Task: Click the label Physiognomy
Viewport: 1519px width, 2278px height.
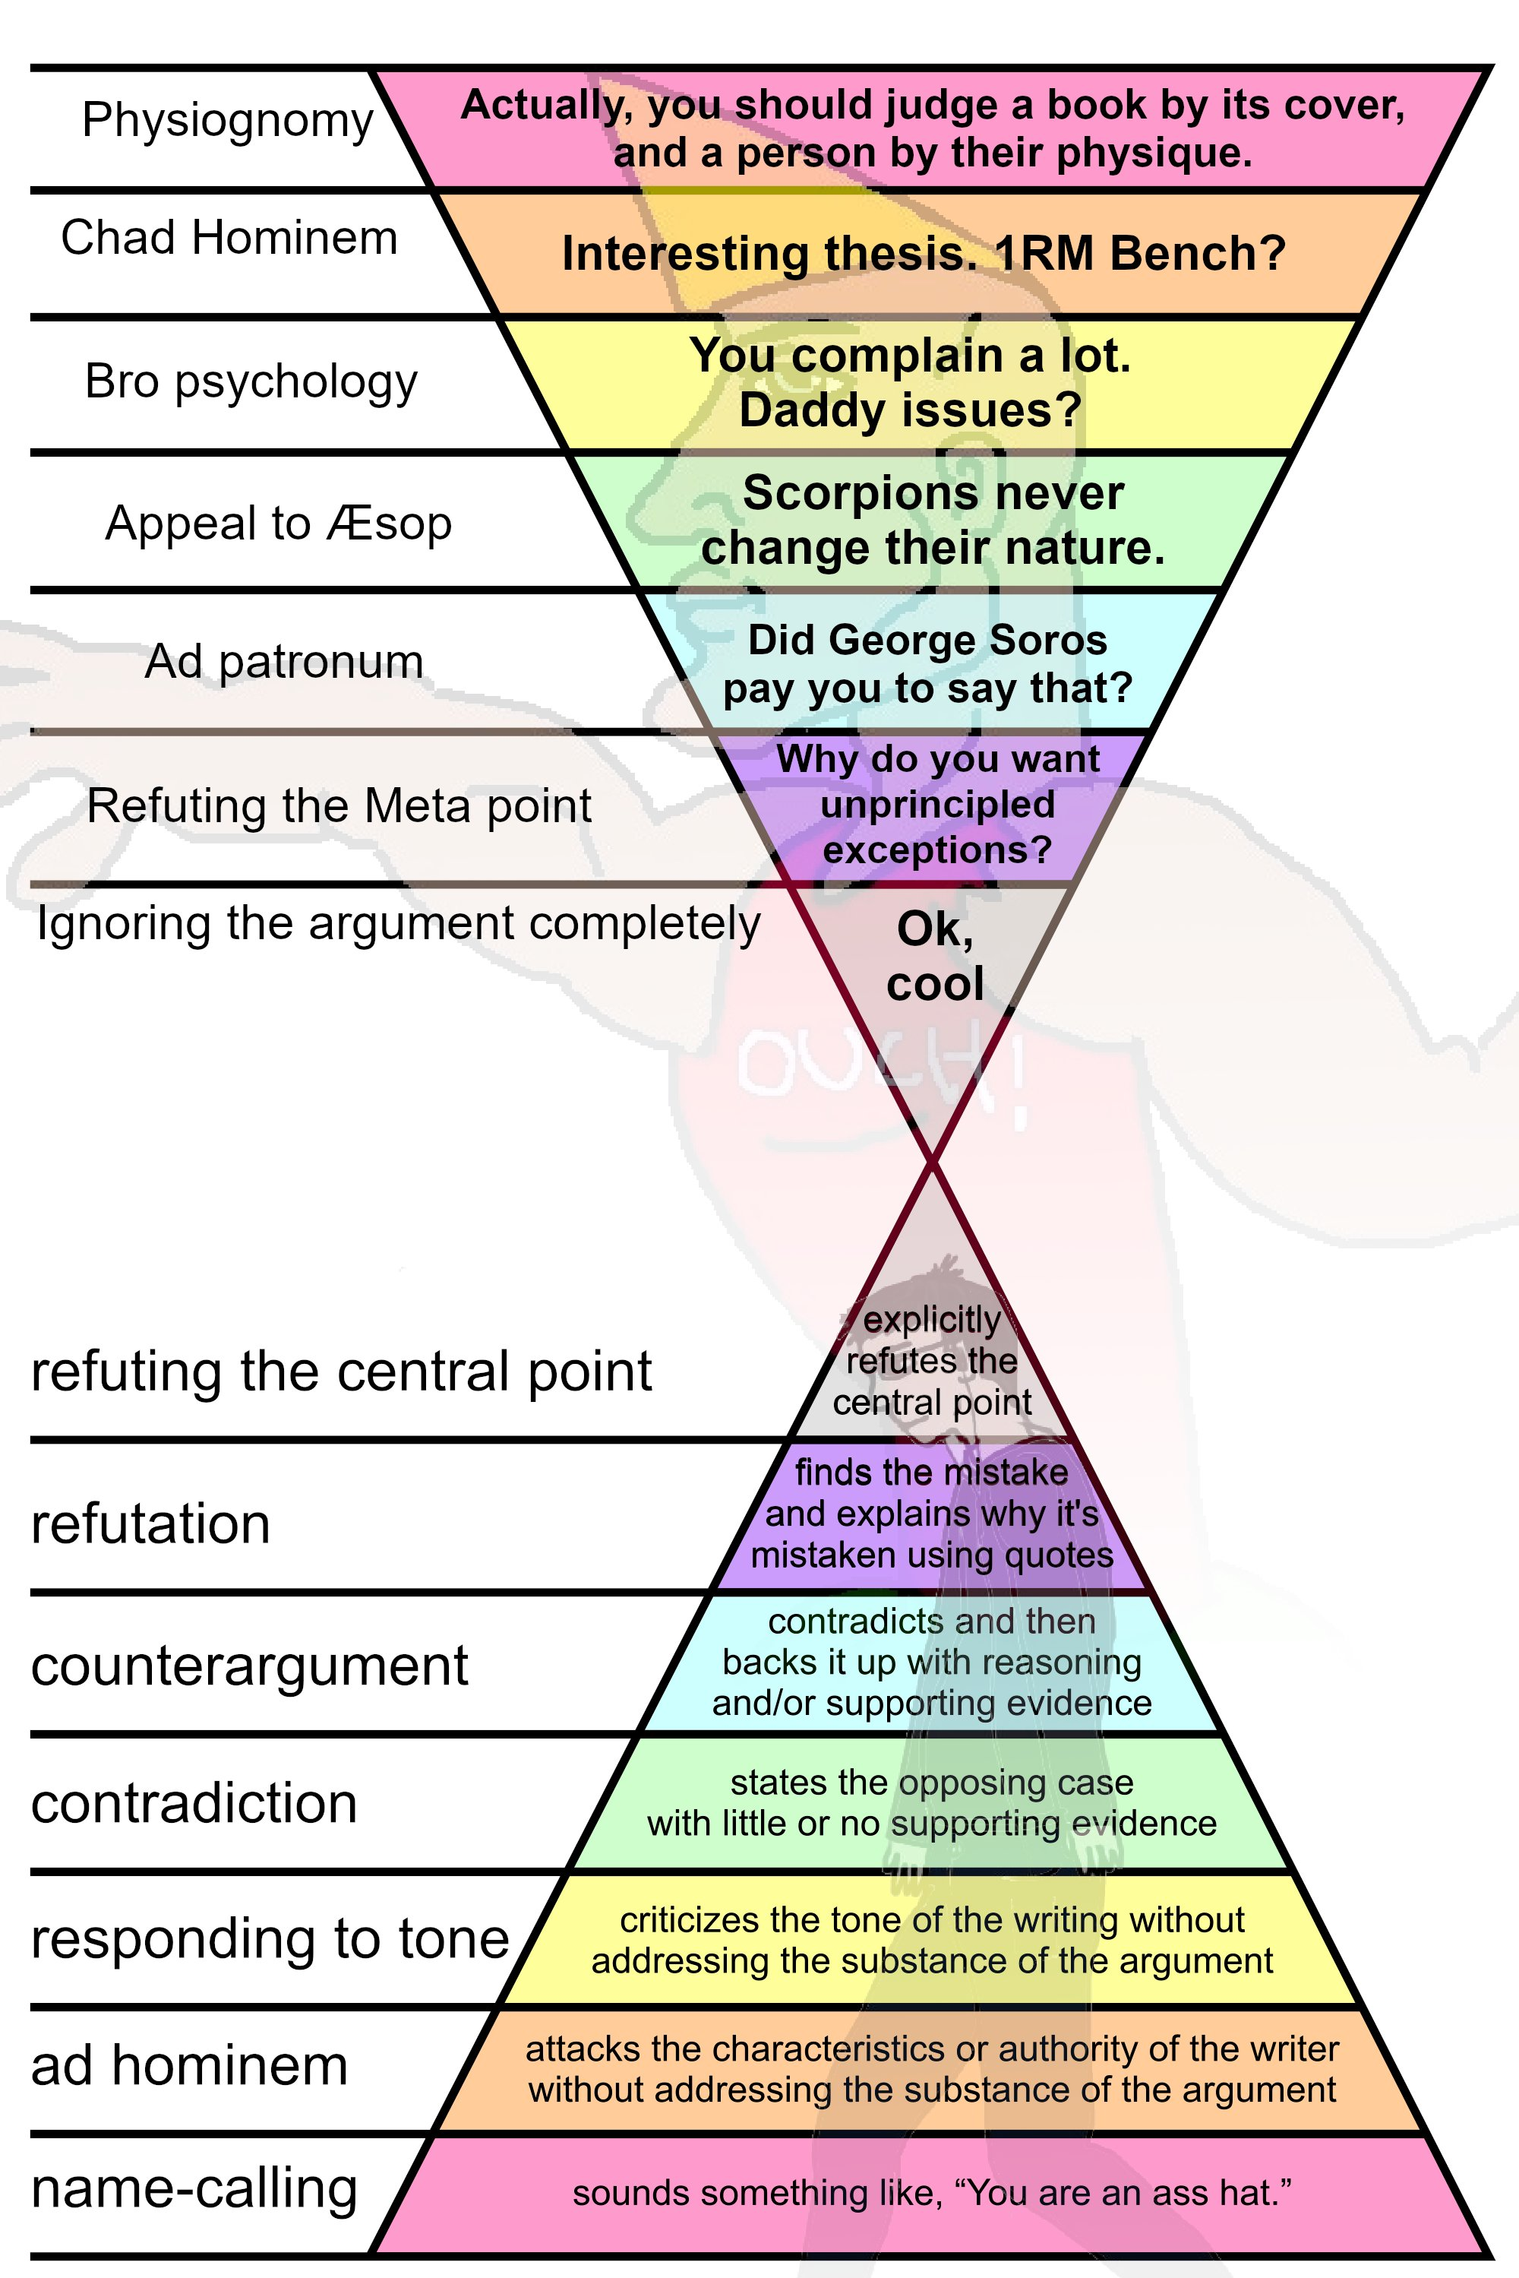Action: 228,121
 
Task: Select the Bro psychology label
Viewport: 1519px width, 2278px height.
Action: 251,381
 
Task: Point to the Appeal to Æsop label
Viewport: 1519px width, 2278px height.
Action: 278,524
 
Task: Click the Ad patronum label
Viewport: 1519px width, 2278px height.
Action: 284,663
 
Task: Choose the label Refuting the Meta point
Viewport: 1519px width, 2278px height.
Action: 339,806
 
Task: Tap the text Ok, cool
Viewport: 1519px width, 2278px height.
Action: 935,957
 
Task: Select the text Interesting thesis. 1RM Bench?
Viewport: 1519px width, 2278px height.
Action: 924,254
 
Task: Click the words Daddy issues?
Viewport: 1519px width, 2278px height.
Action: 910,410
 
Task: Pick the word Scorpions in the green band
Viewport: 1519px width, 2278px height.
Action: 834,493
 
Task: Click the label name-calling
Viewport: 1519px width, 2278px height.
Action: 194,2188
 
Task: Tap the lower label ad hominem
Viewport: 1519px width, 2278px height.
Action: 190,2064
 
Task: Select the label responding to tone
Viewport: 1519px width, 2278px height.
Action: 270,1939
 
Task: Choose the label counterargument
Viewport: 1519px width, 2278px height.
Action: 250,1666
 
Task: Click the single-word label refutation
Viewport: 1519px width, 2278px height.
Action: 151,1524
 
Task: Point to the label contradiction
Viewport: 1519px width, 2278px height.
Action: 194,1803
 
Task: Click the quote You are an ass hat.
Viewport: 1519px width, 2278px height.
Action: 1129,2193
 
